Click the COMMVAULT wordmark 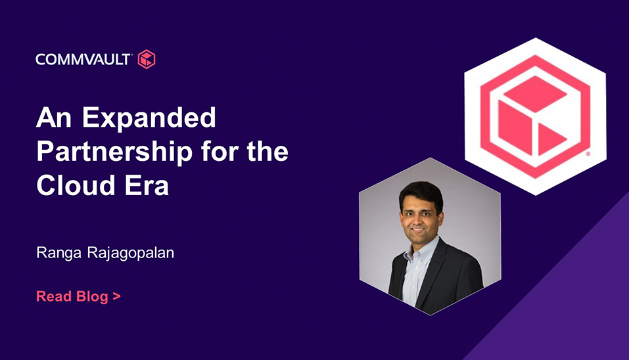click(83, 59)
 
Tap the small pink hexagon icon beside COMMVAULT click(147, 59)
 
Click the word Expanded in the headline click(149, 118)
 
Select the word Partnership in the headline click(115, 152)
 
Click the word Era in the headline click(147, 186)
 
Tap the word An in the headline click(54, 118)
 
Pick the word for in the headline click(220, 151)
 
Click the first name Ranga click(59, 254)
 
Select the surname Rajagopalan click(131, 254)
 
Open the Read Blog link click(78, 296)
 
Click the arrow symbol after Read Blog click(116, 297)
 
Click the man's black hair click(421, 192)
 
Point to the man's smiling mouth click(418, 230)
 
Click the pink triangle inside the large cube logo click(550, 139)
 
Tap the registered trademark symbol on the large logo click(588, 154)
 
